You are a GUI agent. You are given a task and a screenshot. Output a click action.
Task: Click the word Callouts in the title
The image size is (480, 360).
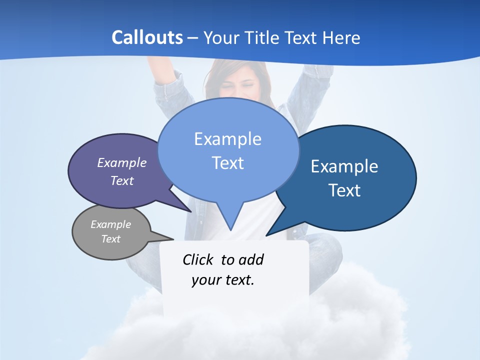point(147,37)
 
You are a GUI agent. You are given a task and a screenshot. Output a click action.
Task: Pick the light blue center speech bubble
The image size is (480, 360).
point(228,150)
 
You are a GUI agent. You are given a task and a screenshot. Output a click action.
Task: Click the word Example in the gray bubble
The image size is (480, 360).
point(111,224)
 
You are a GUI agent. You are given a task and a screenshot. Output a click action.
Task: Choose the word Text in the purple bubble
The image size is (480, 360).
point(122,181)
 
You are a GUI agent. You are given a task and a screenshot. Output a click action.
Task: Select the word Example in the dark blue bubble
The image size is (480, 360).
point(344,166)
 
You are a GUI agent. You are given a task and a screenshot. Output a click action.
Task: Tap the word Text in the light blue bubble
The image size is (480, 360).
point(228,163)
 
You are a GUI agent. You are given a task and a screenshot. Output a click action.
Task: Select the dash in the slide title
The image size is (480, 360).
point(193,38)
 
